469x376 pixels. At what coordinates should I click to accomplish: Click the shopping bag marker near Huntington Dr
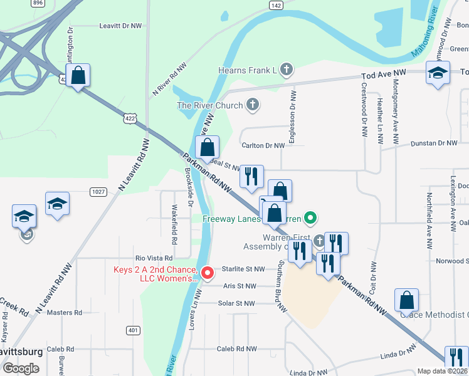pyautogui.click(x=78, y=76)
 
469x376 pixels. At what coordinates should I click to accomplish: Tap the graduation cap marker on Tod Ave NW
pyautogui.click(x=438, y=73)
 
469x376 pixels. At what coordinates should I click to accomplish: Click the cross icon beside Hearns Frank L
pyautogui.click(x=287, y=70)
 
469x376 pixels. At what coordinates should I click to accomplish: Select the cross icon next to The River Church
pyautogui.click(x=253, y=105)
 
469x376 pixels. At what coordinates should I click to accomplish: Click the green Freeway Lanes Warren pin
pyautogui.click(x=309, y=219)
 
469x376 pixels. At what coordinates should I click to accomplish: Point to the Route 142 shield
pyautogui.click(x=276, y=5)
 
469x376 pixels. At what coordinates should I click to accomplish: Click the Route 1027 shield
pyautogui.click(x=97, y=191)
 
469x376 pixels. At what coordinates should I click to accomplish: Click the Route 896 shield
pyautogui.click(x=38, y=3)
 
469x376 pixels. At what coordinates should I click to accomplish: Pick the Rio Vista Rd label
pyautogui.click(x=154, y=258)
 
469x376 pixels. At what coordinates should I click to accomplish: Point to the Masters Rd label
pyautogui.click(x=65, y=312)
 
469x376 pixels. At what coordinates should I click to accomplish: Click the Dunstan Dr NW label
pyautogui.click(x=434, y=144)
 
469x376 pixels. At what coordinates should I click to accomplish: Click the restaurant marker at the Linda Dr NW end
pyautogui.click(x=456, y=358)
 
